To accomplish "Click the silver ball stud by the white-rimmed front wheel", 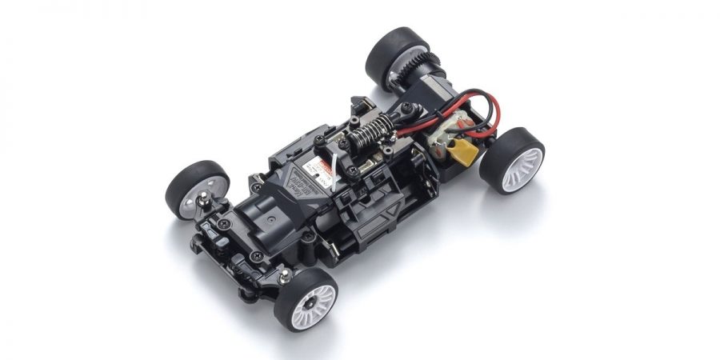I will [285, 276].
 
